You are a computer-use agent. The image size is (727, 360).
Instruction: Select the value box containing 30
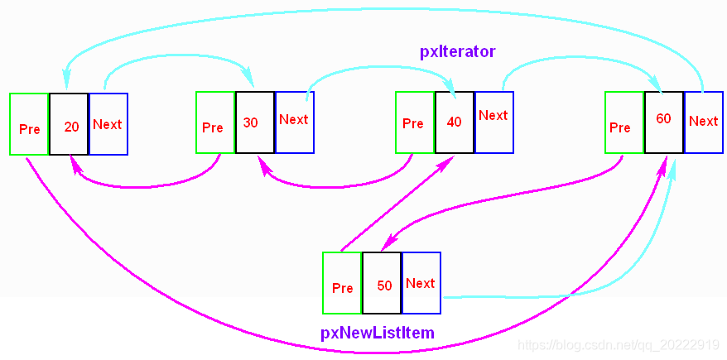(254, 122)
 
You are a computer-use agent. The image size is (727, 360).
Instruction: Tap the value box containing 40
(455, 122)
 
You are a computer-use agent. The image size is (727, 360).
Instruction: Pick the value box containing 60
(664, 122)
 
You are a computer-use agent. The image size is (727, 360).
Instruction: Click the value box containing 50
(382, 283)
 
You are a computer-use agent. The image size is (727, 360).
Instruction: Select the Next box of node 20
(108, 123)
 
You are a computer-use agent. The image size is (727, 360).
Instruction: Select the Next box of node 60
(704, 122)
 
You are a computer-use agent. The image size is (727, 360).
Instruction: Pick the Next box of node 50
(421, 283)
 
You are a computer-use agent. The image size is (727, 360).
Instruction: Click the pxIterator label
(457, 52)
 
